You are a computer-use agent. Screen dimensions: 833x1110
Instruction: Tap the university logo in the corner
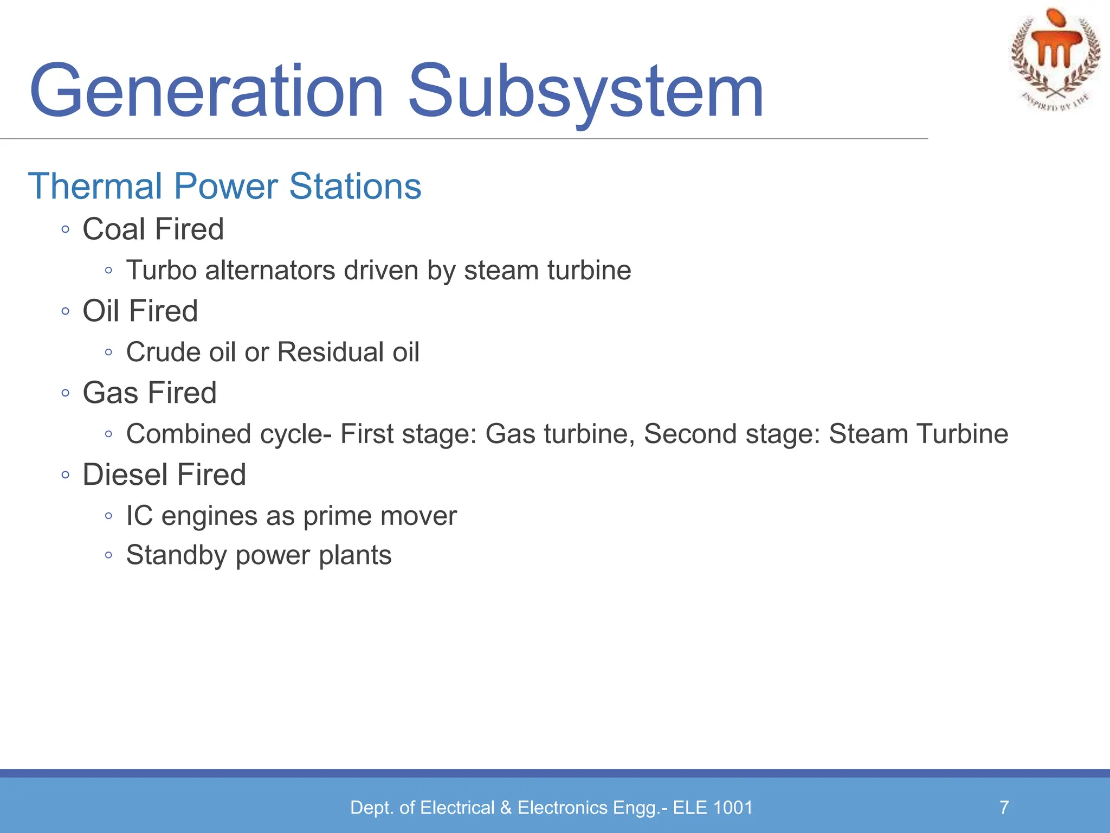click(1055, 60)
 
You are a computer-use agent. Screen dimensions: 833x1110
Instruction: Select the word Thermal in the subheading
click(95, 186)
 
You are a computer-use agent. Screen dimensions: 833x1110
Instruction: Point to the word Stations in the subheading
click(355, 186)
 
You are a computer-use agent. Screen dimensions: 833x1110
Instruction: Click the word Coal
click(114, 229)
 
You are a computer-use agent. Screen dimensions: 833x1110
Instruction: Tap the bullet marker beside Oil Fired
click(66, 311)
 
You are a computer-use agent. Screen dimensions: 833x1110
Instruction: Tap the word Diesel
click(125, 475)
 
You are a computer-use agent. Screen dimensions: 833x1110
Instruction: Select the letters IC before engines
click(139, 516)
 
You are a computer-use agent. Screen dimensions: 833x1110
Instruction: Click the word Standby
click(176, 555)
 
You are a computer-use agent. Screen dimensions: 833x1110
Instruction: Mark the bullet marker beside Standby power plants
click(108, 555)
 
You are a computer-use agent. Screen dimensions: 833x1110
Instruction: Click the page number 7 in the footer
click(1004, 808)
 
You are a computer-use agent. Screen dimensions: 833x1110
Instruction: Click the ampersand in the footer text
click(506, 808)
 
